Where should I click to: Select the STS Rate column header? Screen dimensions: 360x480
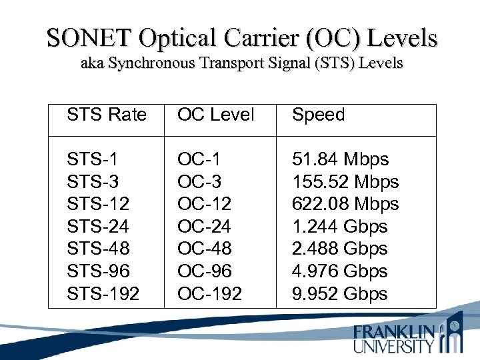click(106, 115)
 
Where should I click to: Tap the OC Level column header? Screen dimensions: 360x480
click(215, 115)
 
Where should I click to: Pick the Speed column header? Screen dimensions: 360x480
click(319, 115)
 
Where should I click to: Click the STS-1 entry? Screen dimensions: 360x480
click(92, 159)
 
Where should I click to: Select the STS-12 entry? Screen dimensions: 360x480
click(97, 204)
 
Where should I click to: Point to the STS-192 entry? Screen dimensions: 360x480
click(103, 293)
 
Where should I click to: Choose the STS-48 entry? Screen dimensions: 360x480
click(98, 249)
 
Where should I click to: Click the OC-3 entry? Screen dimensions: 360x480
click(199, 181)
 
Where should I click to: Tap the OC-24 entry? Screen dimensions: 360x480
click(204, 226)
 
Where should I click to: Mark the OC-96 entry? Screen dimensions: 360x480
click(204, 271)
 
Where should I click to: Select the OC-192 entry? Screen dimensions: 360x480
click(209, 293)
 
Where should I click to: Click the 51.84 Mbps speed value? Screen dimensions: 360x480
click(340, 159)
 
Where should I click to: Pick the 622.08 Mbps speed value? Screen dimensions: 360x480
click(345, 204)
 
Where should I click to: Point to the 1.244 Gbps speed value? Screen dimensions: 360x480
click(339, 226)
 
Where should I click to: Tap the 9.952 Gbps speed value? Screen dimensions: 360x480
click(339, 293)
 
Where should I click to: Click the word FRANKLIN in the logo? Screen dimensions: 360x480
click(394, 331)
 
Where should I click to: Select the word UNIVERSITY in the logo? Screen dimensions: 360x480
click(394, 346)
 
